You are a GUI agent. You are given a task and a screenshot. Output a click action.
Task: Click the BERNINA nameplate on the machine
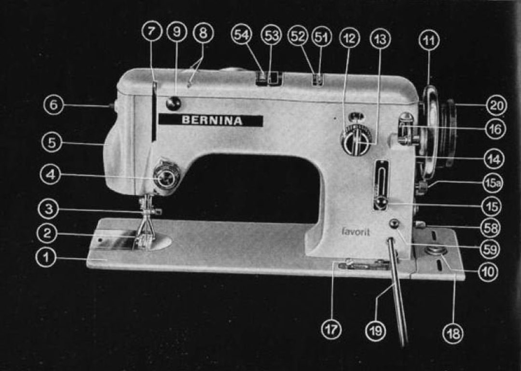click(211, 121)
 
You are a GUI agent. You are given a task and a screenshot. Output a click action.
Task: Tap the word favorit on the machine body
click(356, 232)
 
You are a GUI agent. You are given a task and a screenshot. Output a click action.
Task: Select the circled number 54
click(242, 36)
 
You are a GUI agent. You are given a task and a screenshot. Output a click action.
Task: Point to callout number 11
click(429, 41)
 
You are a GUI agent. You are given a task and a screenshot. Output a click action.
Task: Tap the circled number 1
click(46, 257)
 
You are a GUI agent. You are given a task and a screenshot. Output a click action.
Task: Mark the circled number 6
click(54, 105)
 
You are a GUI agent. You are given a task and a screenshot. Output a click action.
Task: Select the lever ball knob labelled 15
click(381, 203)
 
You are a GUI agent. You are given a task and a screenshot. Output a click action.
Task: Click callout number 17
click(331, 330)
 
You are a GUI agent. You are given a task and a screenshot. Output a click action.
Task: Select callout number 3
click(49, 209)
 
